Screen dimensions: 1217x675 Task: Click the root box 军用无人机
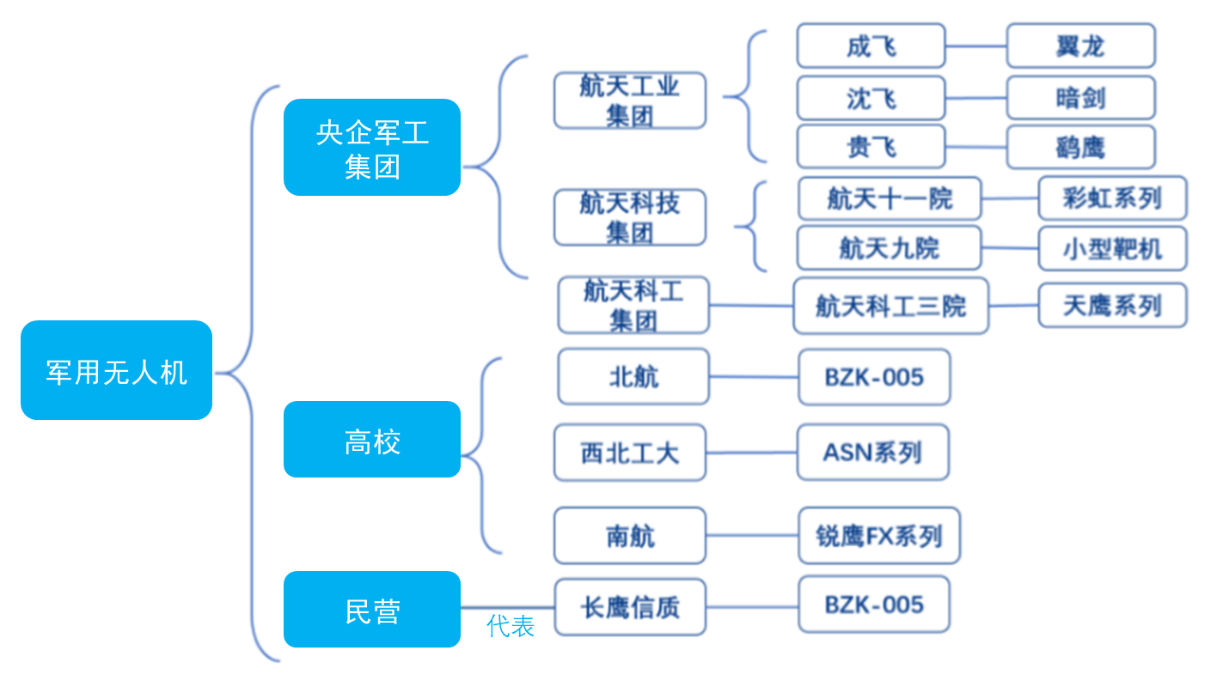[116, 370]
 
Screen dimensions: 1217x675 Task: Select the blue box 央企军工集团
[372, 147]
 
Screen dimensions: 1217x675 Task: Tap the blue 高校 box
[372, 439]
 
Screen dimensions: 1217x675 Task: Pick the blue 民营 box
[372, 609]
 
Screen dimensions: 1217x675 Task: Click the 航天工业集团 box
[630, 101]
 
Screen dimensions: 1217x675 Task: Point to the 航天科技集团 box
[630, 217]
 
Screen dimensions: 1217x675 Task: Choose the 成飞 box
[871, 46]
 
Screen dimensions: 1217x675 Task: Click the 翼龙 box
[1081, 46]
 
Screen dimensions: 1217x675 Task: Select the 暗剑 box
[1081, 98]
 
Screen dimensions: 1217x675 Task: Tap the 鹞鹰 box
[1081, 147]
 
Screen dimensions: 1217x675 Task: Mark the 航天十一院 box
[889, 198]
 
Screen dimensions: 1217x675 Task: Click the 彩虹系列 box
[1112, 198]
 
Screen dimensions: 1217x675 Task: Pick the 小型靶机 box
[1112, 249]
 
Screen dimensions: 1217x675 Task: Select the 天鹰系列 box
[1112, 305]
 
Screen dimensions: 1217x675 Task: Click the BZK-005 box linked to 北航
[874, 377]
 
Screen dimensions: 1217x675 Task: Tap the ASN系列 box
[873, 452]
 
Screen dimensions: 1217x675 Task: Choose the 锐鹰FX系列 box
[879, 535]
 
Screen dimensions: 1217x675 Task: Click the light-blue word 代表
[510, 626]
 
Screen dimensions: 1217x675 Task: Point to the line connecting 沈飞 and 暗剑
[976, 98]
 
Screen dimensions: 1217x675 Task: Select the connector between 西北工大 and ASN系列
[751, 453]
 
